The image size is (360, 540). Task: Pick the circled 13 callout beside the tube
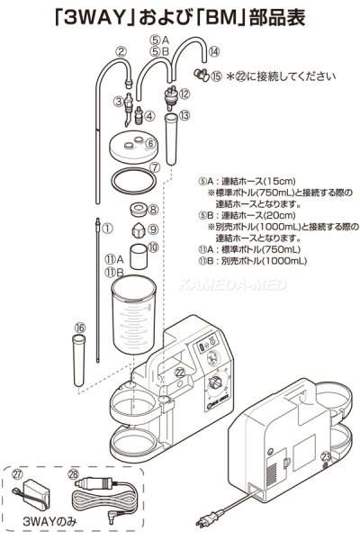184,115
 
